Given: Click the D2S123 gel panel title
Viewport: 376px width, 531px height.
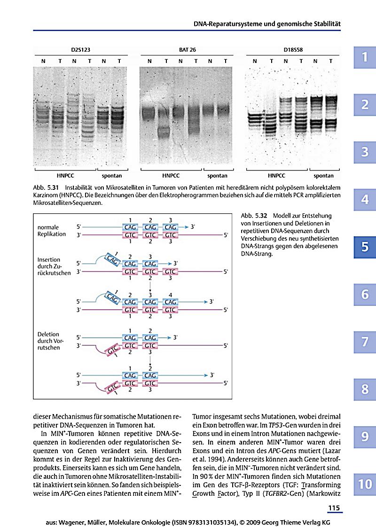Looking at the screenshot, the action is pos(81,50).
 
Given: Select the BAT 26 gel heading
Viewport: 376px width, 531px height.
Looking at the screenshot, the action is pos(188,50).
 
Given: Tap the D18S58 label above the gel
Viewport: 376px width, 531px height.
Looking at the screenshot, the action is pos(293,50).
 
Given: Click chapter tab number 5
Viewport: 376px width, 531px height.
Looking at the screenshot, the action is pos(365,247).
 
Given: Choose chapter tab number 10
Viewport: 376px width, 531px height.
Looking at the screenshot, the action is pos(365,484).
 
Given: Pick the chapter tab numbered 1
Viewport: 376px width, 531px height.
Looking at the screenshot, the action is pos(365,57).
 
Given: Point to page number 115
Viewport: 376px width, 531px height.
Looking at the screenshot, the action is pos(334,508).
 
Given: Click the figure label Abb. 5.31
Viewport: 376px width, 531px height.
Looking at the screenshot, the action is pos(46,187).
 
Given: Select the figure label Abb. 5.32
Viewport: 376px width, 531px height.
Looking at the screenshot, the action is pos(254,216).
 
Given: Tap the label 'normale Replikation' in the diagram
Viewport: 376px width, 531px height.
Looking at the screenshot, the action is pos(52,231).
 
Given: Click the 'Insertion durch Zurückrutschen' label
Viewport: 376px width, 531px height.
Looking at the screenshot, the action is pos(54,266).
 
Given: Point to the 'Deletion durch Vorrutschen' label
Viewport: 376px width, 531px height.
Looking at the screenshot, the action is pos(50,341).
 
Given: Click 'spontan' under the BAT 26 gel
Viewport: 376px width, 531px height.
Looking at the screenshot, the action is pos(217,176).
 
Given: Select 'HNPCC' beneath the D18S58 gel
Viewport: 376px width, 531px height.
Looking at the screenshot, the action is pos(276,176).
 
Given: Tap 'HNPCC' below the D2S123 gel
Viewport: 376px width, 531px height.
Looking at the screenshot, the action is pos(65,176).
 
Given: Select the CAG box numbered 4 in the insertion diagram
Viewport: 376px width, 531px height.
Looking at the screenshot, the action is pos(170,302).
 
